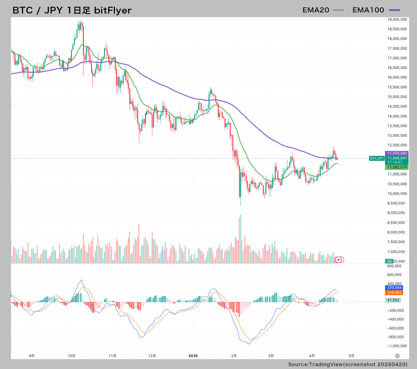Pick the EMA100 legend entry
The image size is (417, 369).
376,10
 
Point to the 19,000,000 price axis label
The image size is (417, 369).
397,19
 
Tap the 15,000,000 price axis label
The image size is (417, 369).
397,97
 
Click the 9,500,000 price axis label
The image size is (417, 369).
396,203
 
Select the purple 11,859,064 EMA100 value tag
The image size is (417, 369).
397,153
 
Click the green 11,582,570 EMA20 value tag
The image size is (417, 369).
397,167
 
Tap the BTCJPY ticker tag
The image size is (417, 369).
377,158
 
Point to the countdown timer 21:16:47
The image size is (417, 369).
395,162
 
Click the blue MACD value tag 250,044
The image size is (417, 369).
394,288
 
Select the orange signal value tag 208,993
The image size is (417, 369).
394,293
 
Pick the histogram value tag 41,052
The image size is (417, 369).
393,300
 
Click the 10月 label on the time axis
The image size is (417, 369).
71,356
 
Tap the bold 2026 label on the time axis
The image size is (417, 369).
193,356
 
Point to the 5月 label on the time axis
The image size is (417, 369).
351,356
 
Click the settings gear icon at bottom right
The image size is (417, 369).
397,356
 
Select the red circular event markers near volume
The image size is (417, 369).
339,259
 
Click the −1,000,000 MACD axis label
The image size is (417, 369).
397,346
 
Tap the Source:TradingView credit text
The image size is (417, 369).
348,364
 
